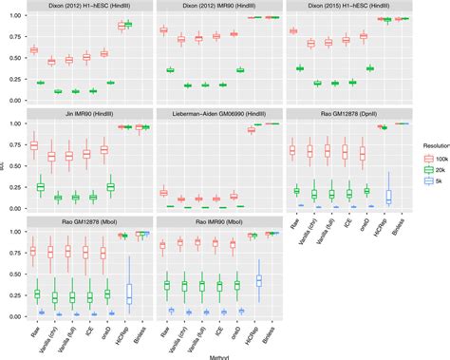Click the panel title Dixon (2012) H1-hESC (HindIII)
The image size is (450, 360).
(x=84, y=8)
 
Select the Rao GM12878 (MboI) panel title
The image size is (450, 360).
(x=84, y=220)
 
